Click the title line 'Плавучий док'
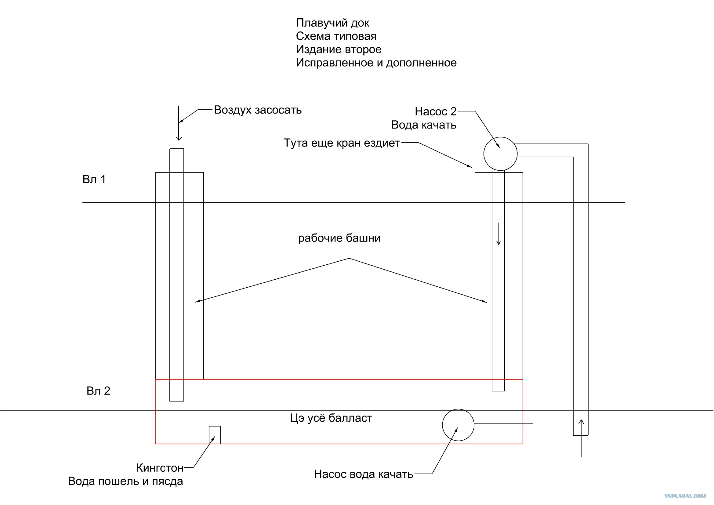332,23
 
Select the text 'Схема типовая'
336,36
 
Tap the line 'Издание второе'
339,49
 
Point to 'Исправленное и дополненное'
376,63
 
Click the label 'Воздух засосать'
258,110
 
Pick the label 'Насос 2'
436,111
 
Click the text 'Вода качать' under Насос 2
424,125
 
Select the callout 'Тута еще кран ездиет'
342,143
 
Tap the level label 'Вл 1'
94,180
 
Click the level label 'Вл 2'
98,391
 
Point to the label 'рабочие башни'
339,238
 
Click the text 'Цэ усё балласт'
331,418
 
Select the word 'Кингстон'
160,468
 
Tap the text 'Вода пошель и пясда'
125,481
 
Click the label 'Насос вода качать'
364,474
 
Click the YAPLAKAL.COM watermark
685,496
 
